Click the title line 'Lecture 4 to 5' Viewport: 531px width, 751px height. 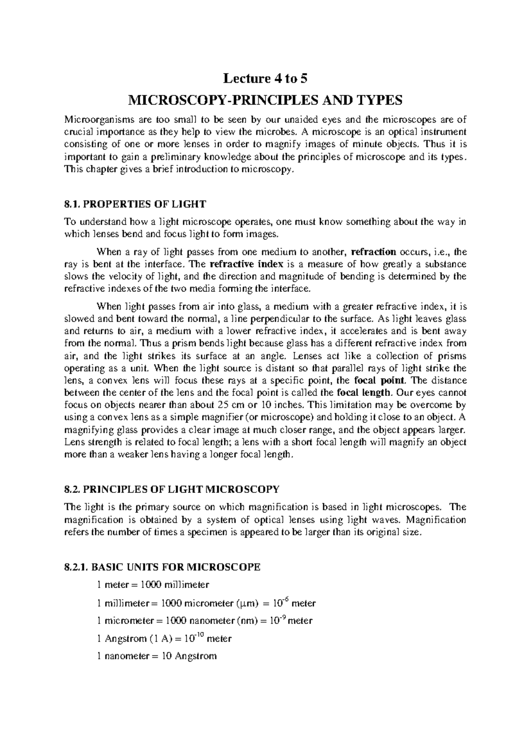[x=265, y=79]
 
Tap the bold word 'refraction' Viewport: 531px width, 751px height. [x=373, y=252]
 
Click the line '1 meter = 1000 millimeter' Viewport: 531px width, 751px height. [x=153, y=585]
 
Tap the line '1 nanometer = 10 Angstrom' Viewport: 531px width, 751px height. [x=157, y=656]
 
